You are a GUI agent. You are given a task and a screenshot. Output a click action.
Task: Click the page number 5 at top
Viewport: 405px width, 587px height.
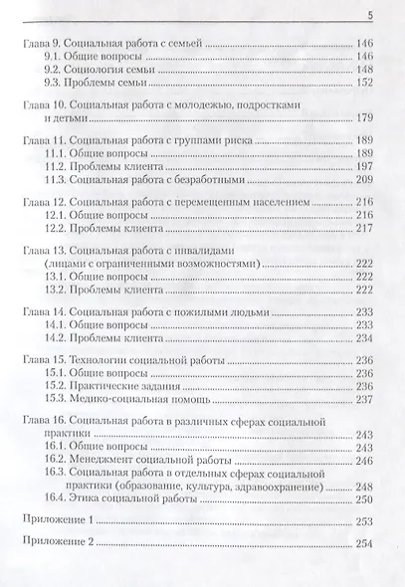(x=369, y=14)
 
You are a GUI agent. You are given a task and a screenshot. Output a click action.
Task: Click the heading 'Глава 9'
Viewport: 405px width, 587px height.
(x=43, y=45)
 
